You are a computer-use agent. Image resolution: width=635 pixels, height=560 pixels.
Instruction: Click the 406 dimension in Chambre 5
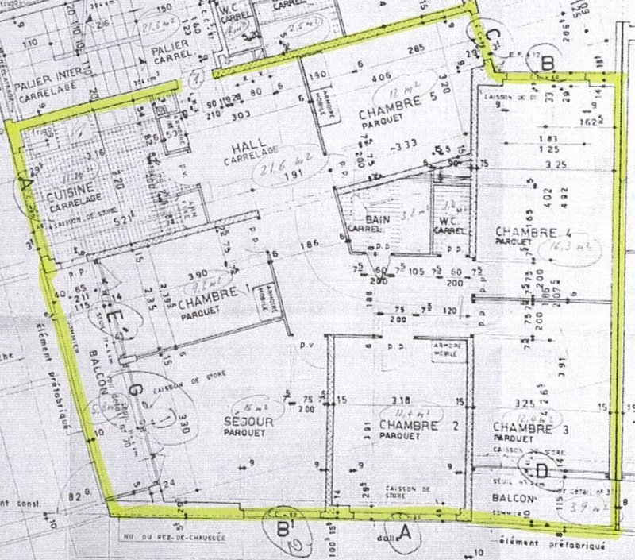(382, 77)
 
